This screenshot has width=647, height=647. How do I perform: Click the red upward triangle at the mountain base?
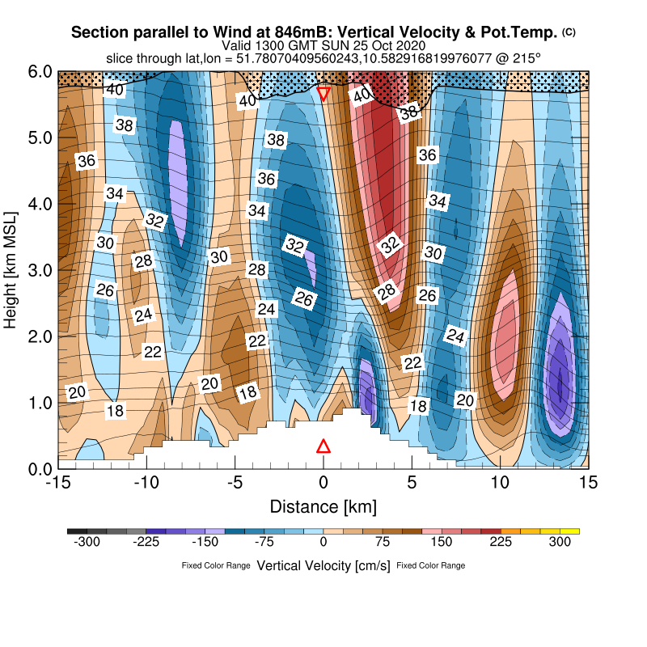[x=323, y=446]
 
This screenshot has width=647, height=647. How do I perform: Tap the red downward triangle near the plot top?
[x=323, y=93]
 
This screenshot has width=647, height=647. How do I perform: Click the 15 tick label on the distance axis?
[x=589, y=482]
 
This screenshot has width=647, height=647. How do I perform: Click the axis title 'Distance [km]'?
[x=323, y=506]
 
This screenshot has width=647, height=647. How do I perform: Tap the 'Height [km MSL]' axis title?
[x=11, y=269]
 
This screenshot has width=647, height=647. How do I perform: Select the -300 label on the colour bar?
[x=87, y=543]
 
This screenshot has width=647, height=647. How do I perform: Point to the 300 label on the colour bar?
[x=560, y=543]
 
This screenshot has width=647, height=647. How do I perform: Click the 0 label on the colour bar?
[x=323, y=543]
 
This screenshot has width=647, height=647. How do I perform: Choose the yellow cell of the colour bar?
[x=571, y=531]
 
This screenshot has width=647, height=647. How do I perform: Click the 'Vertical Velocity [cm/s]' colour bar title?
[x=323, y=565]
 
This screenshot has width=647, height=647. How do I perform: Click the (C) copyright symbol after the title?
[x=569, y=32]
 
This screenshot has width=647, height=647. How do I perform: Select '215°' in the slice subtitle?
[x=525, y=58]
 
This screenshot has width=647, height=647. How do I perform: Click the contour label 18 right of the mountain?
[x=418, y=405]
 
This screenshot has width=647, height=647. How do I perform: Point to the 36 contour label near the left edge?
[x=87, y=160]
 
